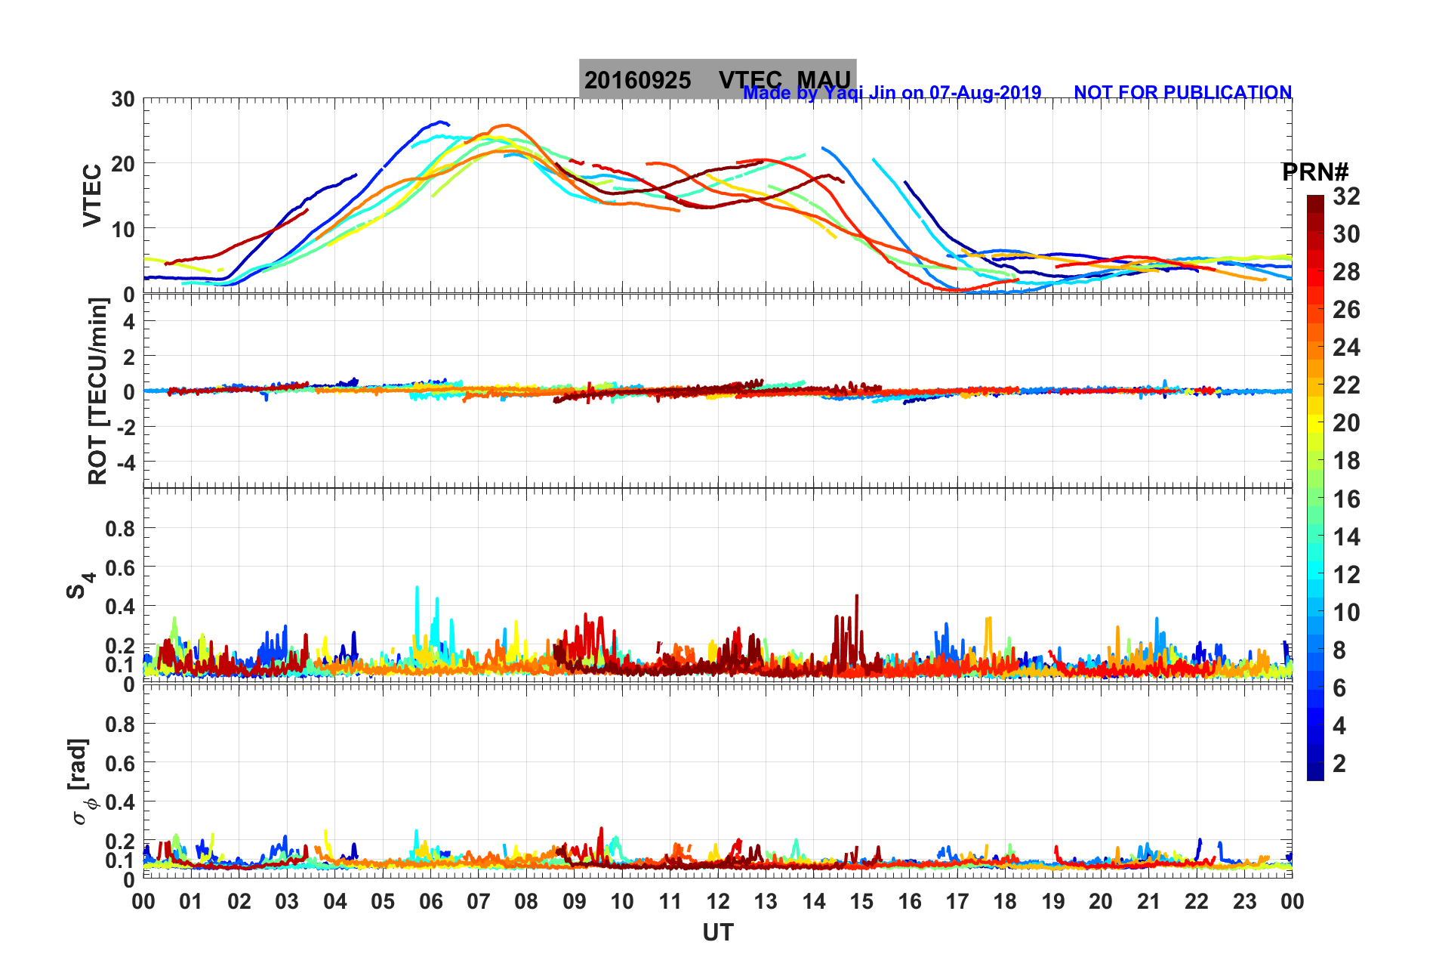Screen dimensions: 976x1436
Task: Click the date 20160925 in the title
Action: pyautogui.click(x=637, y=80)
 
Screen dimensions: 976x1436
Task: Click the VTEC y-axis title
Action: pyautogui.click(x=92, y=195)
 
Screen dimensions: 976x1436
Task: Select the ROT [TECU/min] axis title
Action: pyautogui.click(x=98, y=391)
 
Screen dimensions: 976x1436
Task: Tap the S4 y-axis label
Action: pyautogui.click(x=80, y=584)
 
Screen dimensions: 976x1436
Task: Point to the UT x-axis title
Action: pyautogui.click(x=717, y=933)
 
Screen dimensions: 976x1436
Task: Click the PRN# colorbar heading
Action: pyautogui.click(x=1315, y=172)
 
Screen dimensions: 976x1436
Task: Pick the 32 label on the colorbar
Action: pyautogui.click(x=1346, y=196)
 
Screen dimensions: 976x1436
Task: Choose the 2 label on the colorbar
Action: pyautogui.click(x=1339, y=763)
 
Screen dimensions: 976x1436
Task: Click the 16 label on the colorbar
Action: pyautogui.click(x=1346, y=499)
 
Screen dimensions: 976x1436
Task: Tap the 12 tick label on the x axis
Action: pyautogui.click(x=717, y=901)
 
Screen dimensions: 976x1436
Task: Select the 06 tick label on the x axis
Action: pyautogui.click(x=430, y=901)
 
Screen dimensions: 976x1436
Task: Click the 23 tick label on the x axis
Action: pyautogui.click(x=1244, y=901)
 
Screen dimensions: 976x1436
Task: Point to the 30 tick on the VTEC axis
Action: pyautogui.click(x=123, y=100)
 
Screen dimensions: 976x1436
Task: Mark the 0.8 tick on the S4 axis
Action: pyautogui.click(x=120, y=529)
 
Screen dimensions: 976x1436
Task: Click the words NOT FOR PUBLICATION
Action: pyautogui.click(x=1182, y=93)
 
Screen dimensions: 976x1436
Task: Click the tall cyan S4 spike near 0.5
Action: pyautogui.click(x=417, y=589)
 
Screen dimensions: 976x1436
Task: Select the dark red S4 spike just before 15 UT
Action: pyautogui.click(x=856, y=598)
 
